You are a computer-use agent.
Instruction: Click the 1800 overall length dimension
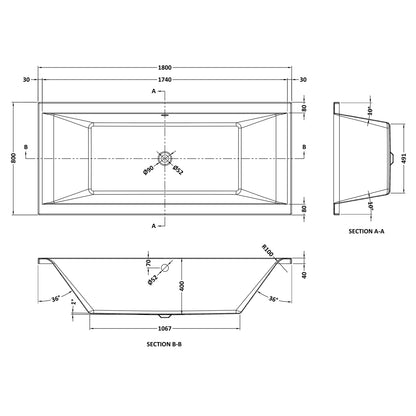165,68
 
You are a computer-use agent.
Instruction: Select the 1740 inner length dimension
165,80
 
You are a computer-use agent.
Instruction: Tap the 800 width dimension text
14,158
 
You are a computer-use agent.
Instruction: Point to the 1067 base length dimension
165,329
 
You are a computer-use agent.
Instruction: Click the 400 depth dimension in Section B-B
182,286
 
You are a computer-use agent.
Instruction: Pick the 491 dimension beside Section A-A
404,158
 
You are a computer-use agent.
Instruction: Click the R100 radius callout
268,251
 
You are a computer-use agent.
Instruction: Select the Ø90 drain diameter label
148,170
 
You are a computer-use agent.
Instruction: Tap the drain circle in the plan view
165,158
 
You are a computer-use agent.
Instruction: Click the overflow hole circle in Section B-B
165,267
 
